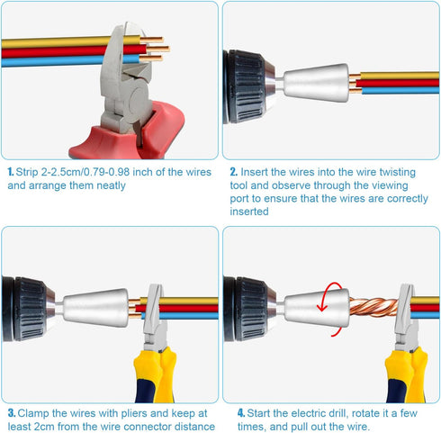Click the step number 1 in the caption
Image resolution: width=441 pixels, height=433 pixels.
coord(10,171)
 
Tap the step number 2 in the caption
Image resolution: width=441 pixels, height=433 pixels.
coord(232,171)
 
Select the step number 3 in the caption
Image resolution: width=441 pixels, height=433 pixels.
coord(10,412)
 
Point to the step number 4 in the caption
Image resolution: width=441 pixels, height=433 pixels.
coord(240,412)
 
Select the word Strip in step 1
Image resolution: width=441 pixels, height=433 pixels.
coord(31,171)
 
